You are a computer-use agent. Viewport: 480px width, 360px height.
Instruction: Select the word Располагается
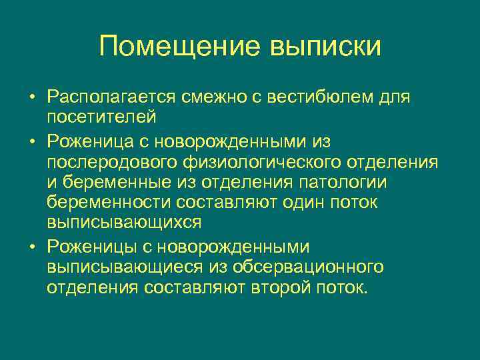(x=109, y=97)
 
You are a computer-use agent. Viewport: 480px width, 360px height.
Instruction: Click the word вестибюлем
(x=321, y=97)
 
